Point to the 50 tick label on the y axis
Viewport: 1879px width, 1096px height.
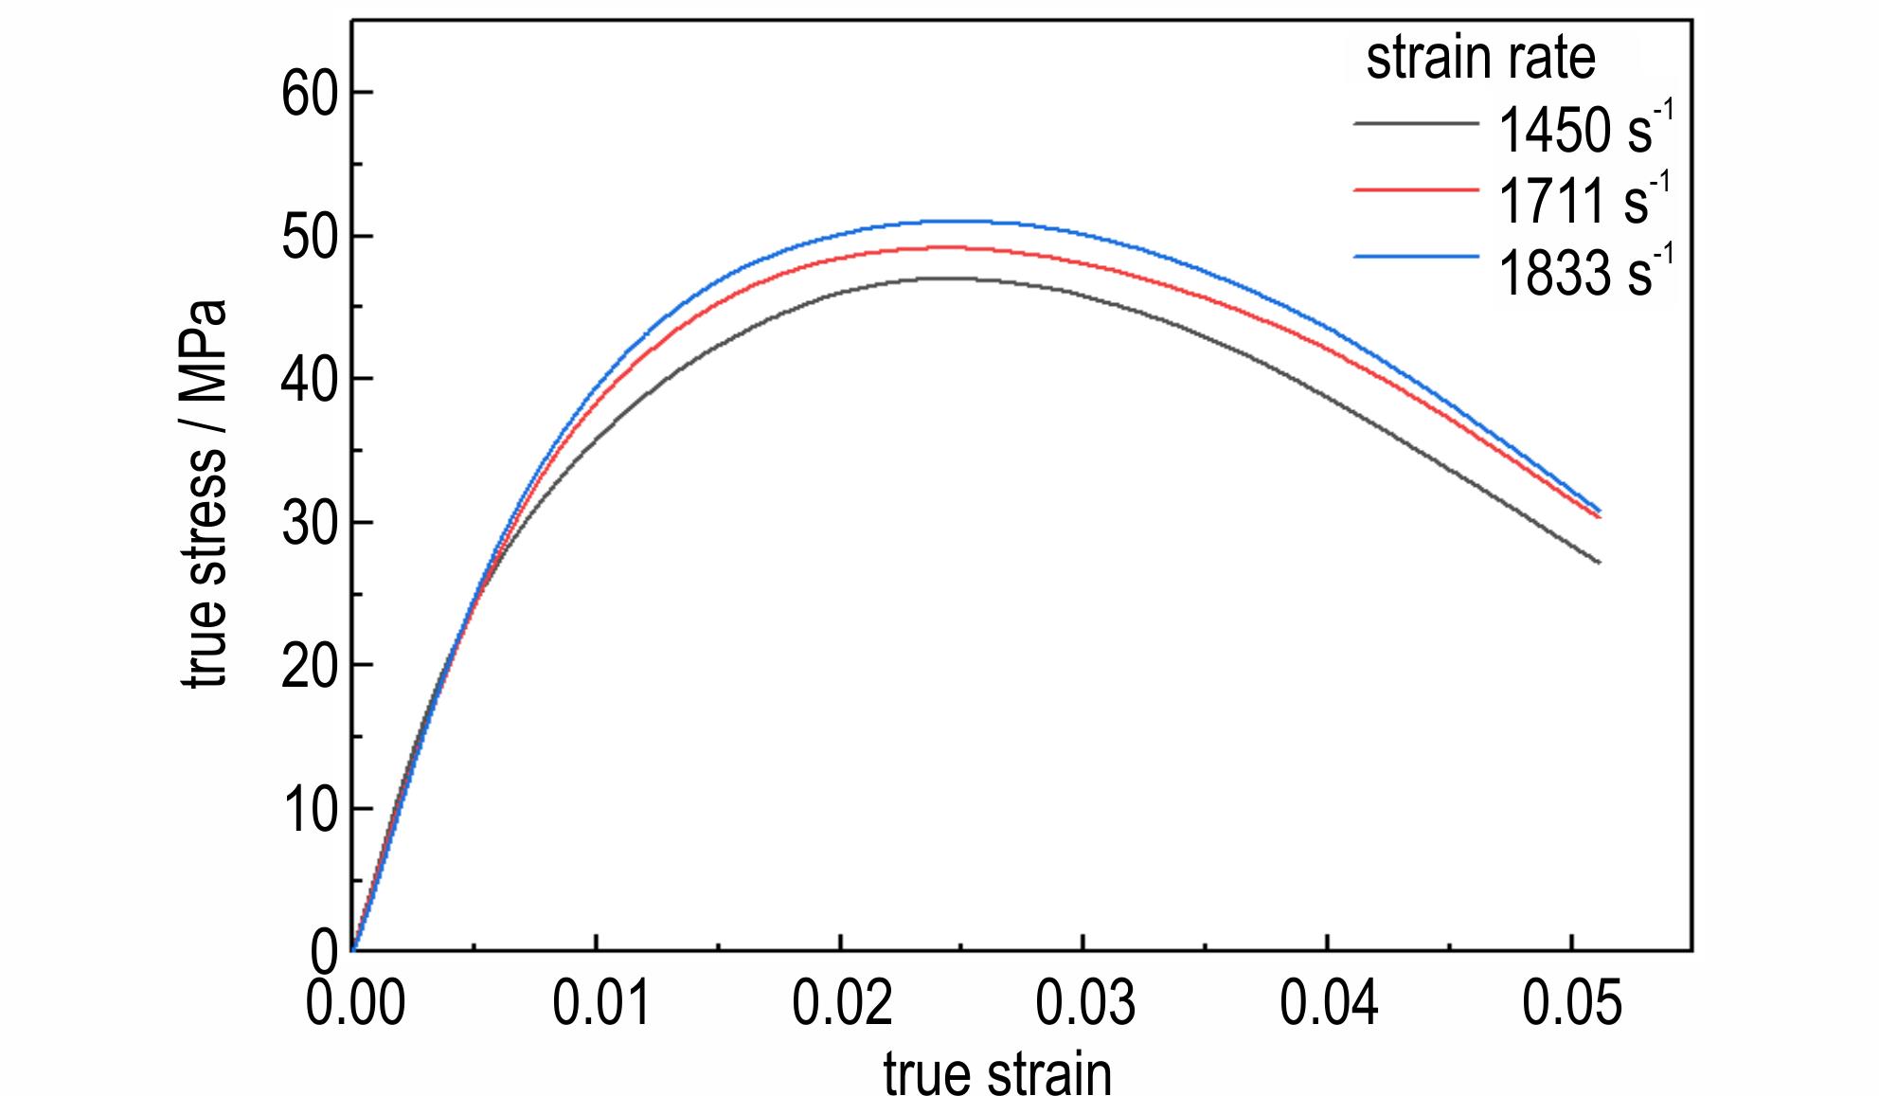[310, 237]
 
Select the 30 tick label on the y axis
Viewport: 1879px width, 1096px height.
[310, 523]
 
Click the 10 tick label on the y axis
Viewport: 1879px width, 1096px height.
[310, 810]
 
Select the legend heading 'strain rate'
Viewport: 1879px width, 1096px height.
[1480, 59]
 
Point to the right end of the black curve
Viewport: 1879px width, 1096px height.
[1599, 563]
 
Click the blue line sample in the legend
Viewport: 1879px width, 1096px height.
[1415, 257]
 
